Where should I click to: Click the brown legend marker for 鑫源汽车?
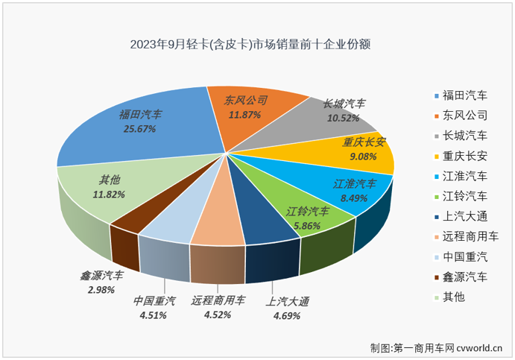tap(436, 277)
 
